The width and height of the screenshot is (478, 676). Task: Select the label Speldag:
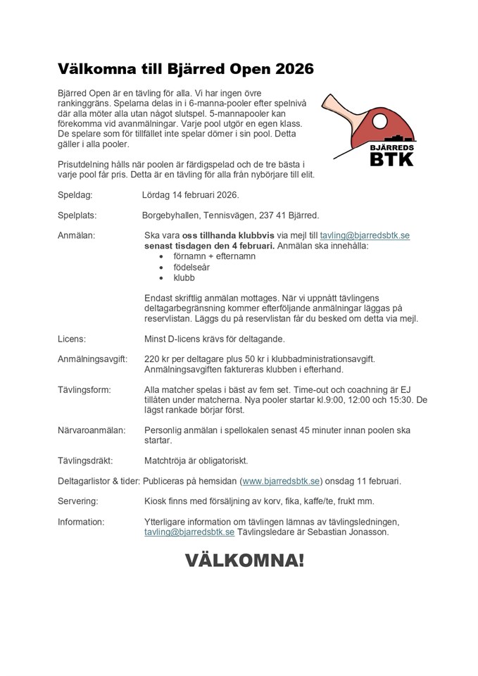click(74, 194)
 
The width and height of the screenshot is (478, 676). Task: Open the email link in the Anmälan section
click(365, 235)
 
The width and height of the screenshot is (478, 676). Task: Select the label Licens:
click(72, 339)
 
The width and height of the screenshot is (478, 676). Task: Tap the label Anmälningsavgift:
click(92, 359)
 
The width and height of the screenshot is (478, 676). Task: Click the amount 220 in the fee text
click(152, 359)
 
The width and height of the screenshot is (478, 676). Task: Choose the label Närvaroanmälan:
click(92, 430)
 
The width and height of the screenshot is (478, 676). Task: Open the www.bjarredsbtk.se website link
click(281, 481)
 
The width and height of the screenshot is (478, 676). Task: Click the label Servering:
click(77, 501)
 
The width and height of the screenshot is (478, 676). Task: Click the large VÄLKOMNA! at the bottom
click(244, 561)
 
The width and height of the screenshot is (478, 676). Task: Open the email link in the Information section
click(189, 532)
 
